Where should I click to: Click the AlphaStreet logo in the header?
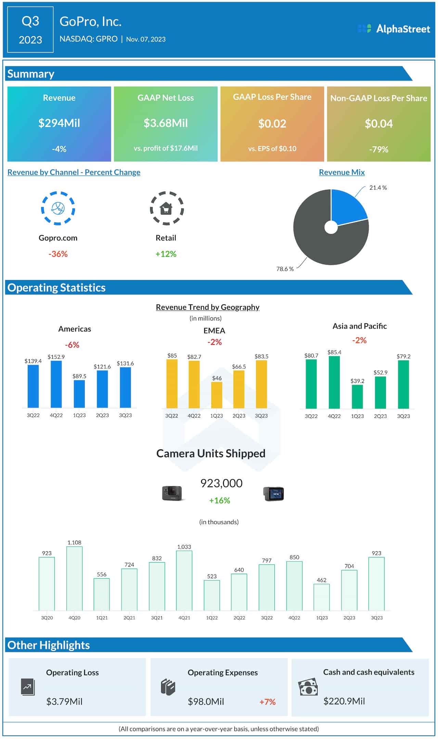point(394,29)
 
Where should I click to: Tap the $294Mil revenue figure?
point(59,123)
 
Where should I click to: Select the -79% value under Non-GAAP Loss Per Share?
point(378,149)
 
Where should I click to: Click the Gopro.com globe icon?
point(58,208)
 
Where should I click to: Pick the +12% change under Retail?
point(166,254)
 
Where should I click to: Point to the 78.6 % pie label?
point(285,269)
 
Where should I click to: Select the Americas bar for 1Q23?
point(79,394)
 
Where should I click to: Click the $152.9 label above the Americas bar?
point(56,357)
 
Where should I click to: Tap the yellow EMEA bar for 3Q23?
point(261,384)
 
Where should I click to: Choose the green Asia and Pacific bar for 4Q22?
point(334,383)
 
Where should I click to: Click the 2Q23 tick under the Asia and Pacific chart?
point(380,416)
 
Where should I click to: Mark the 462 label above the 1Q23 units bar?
point(322,580)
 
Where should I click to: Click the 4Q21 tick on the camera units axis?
point(184,618)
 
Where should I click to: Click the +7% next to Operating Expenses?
point(267,702)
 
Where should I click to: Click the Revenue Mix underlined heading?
point(342,172)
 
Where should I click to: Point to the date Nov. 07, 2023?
point(146,39)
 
